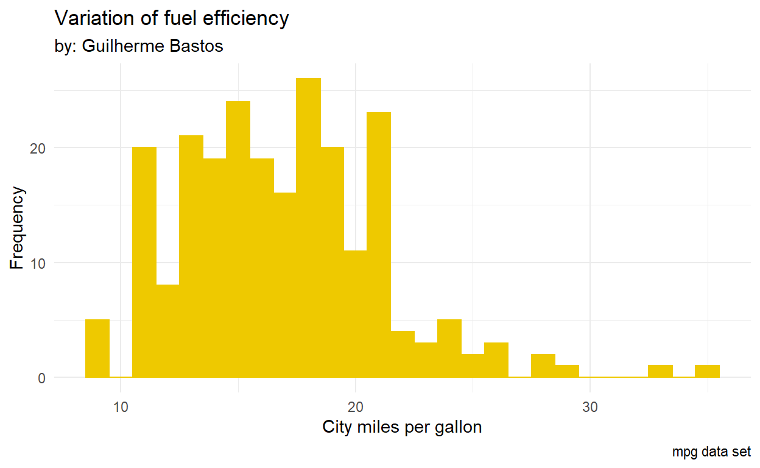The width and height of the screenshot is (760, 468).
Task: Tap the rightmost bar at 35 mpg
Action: tap(707, 371)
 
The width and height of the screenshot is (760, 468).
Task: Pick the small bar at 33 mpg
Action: tap(660, 371)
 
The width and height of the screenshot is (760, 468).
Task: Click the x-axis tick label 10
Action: tap(121, 406)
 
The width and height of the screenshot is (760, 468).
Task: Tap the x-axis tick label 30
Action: tap(589, 406)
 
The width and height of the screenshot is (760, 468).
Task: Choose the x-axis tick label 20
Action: tap(355, 406)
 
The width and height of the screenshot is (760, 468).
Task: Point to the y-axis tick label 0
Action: tap(41, 378)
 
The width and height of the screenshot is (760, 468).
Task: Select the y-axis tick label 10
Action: tap(38, 263)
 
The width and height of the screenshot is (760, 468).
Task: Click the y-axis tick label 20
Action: tap(38, 148)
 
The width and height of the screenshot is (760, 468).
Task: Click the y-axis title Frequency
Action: tap(18, 228)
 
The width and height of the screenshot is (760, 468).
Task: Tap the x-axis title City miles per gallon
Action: tap(402, 427)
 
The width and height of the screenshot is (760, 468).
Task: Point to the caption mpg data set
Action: tap(711, 452)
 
